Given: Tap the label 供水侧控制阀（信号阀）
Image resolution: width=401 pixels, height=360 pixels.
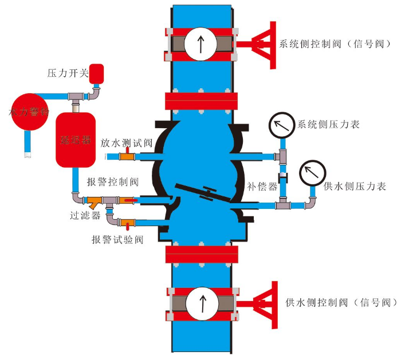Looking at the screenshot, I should click(x=339, y=302).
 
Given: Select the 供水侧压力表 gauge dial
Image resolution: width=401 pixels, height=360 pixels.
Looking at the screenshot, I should click(x=312, y=171).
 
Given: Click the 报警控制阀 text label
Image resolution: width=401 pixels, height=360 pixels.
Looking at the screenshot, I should click(x=113, y=182).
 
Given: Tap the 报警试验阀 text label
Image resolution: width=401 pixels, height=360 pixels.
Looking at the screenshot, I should click(x=117, y=239).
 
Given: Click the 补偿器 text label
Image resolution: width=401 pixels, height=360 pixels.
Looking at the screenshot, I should click(x=262, y=187).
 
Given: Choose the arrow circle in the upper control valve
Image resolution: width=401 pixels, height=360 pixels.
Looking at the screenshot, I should click(x=200, y=44).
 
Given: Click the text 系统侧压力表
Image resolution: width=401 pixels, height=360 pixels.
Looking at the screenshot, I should click(x=328, y=124).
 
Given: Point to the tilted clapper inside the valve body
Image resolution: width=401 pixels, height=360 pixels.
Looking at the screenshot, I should click(x=203, y=192).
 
